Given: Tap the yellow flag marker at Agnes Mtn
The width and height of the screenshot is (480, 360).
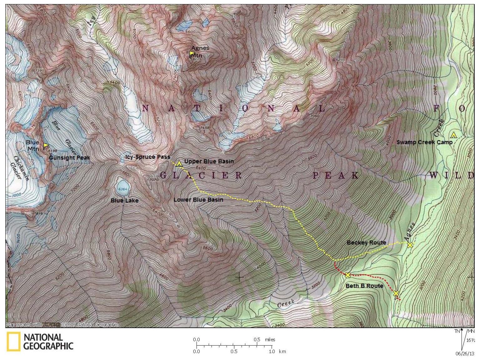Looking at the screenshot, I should coord(191,54).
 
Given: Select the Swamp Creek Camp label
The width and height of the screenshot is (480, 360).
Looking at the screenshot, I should coord(424,142).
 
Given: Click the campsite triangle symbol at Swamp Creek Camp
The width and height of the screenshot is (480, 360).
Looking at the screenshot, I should coord(453,135).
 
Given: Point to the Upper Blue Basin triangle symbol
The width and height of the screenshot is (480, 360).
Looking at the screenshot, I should coord(179,163).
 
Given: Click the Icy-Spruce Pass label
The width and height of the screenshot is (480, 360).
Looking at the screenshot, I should coord(147,157).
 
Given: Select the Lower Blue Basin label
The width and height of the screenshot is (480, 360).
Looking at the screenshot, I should coord(198,200).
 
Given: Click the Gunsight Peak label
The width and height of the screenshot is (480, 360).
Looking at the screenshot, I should coord(69,158).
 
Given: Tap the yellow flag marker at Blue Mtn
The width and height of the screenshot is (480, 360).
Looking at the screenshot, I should coord(46,145).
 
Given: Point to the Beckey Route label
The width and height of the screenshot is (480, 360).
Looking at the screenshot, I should coord(366,243).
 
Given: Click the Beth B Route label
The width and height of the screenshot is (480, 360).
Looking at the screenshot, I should coord(364,286).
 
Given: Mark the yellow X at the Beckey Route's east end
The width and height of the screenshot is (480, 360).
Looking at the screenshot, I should coord(410,245).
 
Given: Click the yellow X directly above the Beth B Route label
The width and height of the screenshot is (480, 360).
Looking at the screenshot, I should coord(347,275).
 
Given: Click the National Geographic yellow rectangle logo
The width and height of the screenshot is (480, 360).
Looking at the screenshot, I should coord(13,342).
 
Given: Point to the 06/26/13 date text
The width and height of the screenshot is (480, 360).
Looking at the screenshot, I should coord(465,354).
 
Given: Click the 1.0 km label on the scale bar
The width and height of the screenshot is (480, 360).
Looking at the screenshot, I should coord(278,352).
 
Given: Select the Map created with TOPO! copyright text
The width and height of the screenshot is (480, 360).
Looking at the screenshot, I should coord(62,325).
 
